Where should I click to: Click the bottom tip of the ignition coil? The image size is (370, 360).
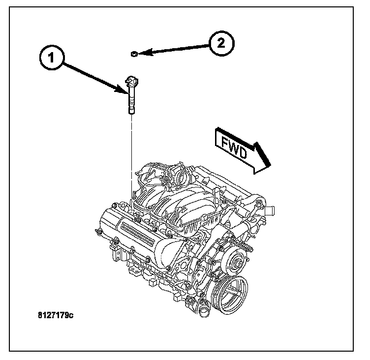(x=131, y=112)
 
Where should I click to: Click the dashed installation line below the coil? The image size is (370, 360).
(x=131, y=157)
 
